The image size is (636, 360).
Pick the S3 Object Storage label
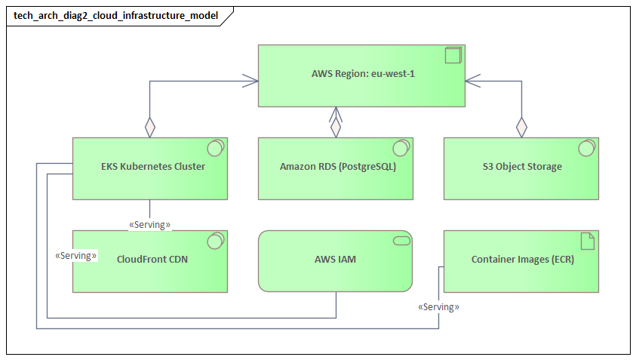(x=522, y=166)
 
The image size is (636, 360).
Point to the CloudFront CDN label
(x=152, y=259)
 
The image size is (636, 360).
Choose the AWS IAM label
(x=335, y=259)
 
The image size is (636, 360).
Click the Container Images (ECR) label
(x=523, y=259)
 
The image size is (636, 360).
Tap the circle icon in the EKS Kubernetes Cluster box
(x=214, y=148)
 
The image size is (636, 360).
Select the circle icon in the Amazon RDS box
(x=400, y=148)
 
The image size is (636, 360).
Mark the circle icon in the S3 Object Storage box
(x=585, y=148)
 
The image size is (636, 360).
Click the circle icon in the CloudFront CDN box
(x=214, y=241)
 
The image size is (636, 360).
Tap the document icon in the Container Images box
(x=586, y=241)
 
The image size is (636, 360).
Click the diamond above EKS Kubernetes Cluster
(x=149, y=127)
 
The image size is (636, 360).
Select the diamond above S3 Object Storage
(x=521, y=127)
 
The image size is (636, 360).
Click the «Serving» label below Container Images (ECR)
(x=438, y=307)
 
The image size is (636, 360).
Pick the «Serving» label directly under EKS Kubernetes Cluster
(x=149, y=224)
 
